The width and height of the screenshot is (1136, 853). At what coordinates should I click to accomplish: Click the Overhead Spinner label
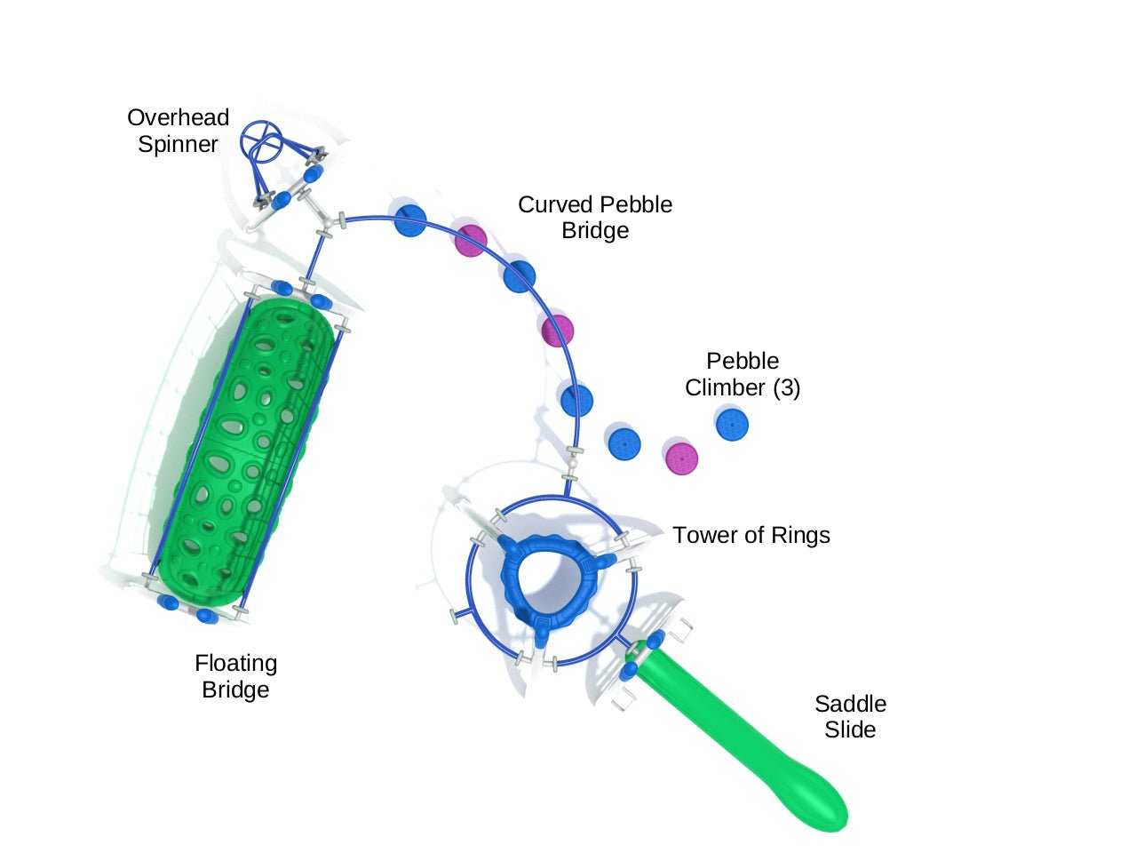[x=179, y=131]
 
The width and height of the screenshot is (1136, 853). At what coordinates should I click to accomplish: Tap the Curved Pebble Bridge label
[x=595, y=217]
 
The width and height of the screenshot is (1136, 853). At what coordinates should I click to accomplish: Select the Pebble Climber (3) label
[x=743, y=374]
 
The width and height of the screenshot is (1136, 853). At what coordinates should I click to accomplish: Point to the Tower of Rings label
[x=751, y=535]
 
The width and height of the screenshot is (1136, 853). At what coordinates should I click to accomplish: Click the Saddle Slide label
[x=850, y=716]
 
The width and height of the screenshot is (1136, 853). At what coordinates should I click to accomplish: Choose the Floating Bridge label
[x=235, y=676]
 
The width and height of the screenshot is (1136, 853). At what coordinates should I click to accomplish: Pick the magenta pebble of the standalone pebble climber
[x=682, y=458]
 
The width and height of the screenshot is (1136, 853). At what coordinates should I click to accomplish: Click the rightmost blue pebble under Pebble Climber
[x=732, y=425]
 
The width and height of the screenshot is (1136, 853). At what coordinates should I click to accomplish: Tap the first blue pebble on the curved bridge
[x=410, y=220]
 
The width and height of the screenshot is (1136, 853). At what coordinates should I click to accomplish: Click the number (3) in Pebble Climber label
[x=786, y=387]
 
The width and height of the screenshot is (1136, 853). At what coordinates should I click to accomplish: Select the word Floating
[x=235, y=663]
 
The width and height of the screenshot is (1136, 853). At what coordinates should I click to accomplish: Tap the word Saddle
[x=850, y=704]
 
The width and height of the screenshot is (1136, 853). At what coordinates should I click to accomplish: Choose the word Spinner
[x=178, y=144]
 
